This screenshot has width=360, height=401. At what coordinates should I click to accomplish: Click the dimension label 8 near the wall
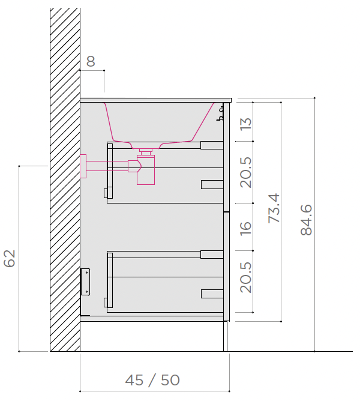click(91, 61)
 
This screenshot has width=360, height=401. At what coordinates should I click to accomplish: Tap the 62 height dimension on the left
click(10, 258)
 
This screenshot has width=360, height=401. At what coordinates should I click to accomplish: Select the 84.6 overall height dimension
click(306, 220)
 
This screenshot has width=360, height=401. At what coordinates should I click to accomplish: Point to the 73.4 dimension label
click(274, 208)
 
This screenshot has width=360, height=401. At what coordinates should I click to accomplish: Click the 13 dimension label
click(246, 124)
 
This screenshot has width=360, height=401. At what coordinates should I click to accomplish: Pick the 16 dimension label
click(246, 228)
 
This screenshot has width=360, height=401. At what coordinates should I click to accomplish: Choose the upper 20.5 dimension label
click(246, 172)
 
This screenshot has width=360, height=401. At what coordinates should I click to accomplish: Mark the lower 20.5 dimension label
click(246, 277)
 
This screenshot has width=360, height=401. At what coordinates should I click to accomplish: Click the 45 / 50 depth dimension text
click(152, 380)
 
